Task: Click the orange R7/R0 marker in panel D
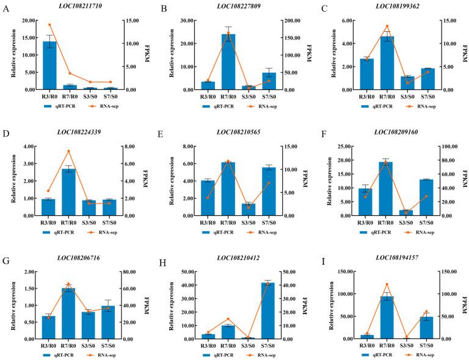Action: pos(69,151)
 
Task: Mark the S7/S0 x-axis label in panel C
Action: pos(427,97)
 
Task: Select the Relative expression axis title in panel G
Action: pos(13,305)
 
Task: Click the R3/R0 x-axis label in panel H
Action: pos(208,346)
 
